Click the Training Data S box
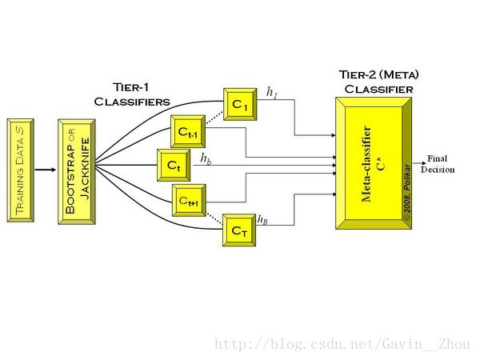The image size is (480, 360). point(21,170)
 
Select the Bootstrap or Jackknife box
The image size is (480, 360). point(77,172)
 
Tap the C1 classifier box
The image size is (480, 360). point(240,104)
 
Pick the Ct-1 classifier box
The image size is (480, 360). point(188,131)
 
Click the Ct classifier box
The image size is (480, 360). point(174,166)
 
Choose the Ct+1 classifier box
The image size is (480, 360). point(189,200)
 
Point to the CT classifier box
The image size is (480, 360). point(239,230)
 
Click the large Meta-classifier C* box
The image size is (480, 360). point(374,163)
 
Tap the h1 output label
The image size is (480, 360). point(271,93)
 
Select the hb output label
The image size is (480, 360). point(206,158)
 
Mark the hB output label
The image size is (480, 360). point(262,219)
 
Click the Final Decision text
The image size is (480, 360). point(438,164)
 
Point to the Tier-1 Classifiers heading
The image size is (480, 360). point(132,94)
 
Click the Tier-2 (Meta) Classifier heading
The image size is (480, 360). point(378,82)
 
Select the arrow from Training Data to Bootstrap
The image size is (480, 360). point(46,170)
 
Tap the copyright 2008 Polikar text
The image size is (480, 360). point(407,192)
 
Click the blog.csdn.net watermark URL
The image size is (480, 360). point(342,344)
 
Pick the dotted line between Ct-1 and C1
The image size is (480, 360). point(214,118)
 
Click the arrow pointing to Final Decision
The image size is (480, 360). point(419,163)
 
